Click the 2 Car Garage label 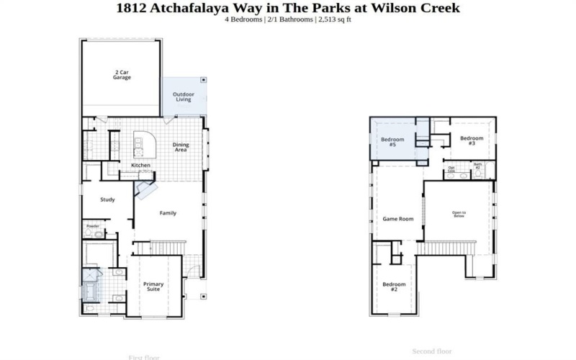click(x=122, y=74)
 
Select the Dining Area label click(x=181, y=147)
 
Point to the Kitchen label click(x=140, y=166)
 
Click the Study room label click(x=108, y=199)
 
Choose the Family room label click(x=168, y=212)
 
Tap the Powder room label click(x=93, y=226)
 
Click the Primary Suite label click(x=153, y=287)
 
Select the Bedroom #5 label click(x=392, y=142)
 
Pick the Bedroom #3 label click(x=472, y=140)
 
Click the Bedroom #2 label click(x=394, y=287)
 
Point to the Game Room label click(x=397, y=218)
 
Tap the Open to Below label click(x=459, y=214)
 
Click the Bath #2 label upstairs click(x=477, y=166)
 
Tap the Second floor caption click(x=431, y=351)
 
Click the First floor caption click(x=144, y=357)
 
